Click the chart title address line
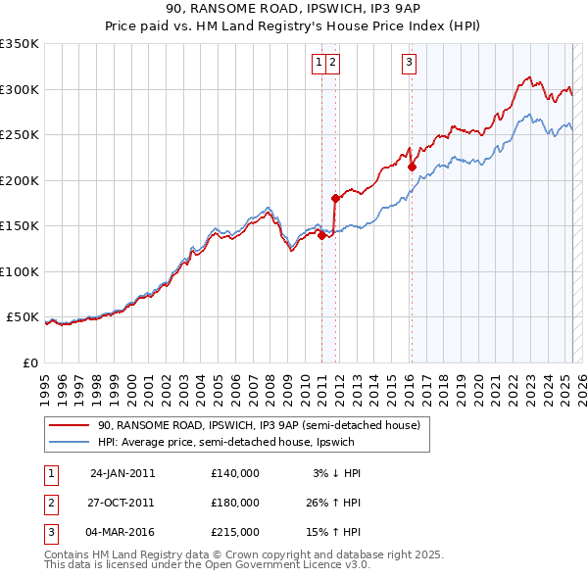pyautogui.click(x=293, y=12)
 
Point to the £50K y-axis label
pyautogui.click(x=23, y=317)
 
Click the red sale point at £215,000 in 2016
pyautogui.click(x=412, y=167)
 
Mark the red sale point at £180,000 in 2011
pyautogui.click(x=335, y=198)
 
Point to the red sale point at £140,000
pyautogui.click(x=321, y=234)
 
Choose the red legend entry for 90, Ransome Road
pyautogui.click(x=259, y=425)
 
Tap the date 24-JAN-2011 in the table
pyautogui.click(x=122, y=473)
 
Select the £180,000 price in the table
pyautogui.click(x=234, y=503)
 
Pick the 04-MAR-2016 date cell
pyautogui.click(x=122, y=532)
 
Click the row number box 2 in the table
pyautogui.click(x=50, y=503)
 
